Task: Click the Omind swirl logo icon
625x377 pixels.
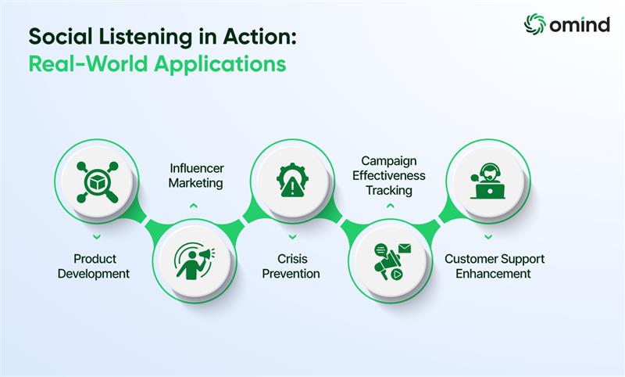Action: pyautogui.click(x=534, y=24)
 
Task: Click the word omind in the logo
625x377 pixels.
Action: pyautogui.click(x=580, y=25)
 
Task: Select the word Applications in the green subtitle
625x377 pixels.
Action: pyautogui.click(x=220, y=64)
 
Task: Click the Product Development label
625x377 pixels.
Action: pyautogui.click(x=94, y=266)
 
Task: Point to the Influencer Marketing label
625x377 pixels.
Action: pyautogui.click(x=196, y=175)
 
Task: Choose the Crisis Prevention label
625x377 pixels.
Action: pyautogui.click(x=291, y=266)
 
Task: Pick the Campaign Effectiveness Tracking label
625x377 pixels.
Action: pyautogui.click(x=388, y=175)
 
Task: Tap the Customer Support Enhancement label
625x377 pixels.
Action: pyautogui.click(x=495, y=266)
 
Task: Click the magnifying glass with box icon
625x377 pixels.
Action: pyautogui.click(x=97, y=182)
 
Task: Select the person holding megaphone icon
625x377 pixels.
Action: pyautogui.click(x=195, y=261)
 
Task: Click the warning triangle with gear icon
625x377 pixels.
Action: pyautogui.click(x=292, y=180)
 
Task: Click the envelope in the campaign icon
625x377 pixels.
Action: pyautogui.click(x=404, y=249)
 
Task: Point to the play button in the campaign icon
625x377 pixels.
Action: pyautogui.click(x=396, y=274)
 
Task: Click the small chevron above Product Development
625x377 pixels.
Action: pyautogui.click(x=96, y=237)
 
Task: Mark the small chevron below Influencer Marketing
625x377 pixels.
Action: pyautogui.click(x=193, y=206)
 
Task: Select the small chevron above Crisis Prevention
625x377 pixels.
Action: pyautogui.click(x=292, y=237)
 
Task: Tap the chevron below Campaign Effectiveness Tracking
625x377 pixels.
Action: pyautogui.click(x=390, y=206)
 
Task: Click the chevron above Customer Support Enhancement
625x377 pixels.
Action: pyautogui.click(x=487, y=237)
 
